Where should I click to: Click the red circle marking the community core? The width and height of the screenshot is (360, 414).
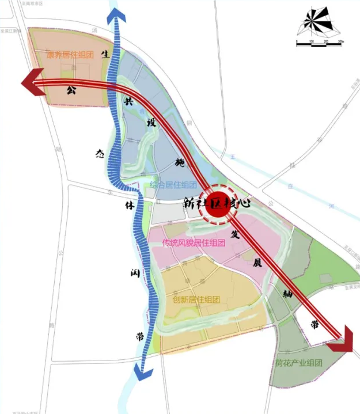(219, 211)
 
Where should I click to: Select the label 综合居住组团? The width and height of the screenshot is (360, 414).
(173, 185)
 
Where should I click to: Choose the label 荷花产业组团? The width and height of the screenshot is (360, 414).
(298, 363)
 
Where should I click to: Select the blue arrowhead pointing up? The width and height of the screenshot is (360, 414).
(117, 15)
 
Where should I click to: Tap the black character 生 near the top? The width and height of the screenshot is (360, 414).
(105, 54)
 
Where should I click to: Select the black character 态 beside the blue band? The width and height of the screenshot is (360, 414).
(100, 154)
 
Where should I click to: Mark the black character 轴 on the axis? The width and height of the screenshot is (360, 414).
(286, 294)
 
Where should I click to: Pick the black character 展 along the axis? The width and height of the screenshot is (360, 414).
(257, 263)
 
